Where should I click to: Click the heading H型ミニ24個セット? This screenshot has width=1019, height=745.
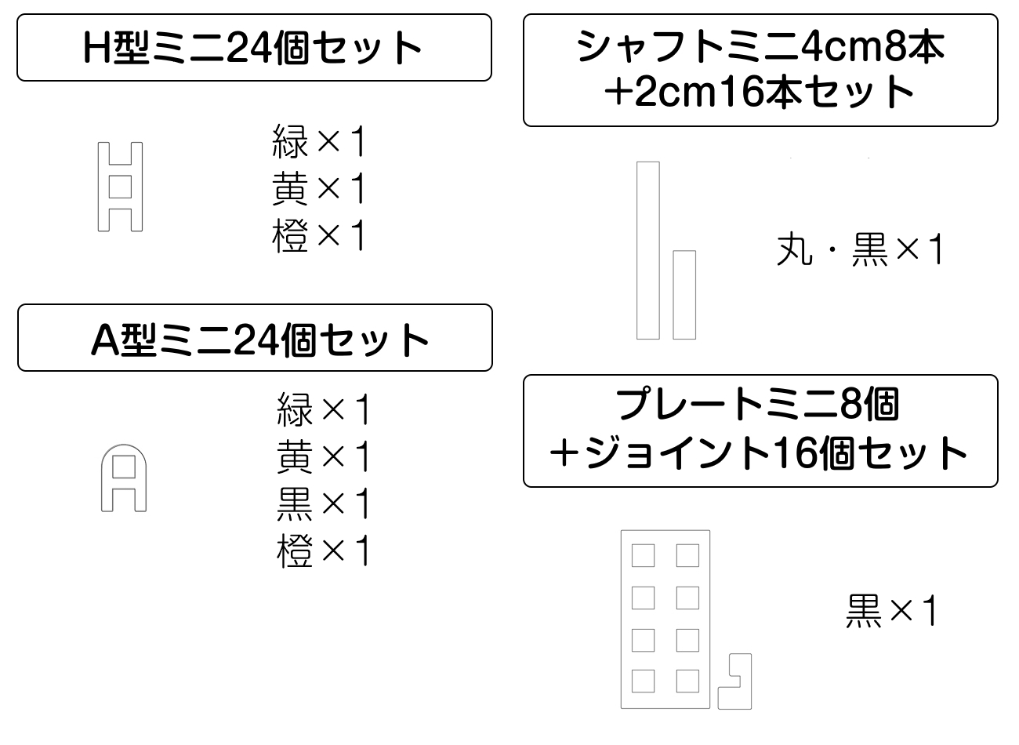pos(254,47)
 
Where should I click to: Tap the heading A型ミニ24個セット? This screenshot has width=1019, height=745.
pos(255,338)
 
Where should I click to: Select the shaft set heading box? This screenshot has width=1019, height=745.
pos(760,70)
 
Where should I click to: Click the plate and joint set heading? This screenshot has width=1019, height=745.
pos(760,431)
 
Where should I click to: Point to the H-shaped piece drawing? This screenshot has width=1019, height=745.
pos(120,187)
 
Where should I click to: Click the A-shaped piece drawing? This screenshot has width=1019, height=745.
pos(124,478)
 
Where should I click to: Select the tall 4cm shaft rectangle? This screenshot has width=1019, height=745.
pos(647,250)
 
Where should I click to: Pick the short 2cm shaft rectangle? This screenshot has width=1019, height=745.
pos(684,295)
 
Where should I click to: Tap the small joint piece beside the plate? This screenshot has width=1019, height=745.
pos(735,681)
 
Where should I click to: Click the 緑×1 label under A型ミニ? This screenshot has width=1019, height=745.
pos(323,409)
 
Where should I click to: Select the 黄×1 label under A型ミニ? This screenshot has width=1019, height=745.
pos(323,456)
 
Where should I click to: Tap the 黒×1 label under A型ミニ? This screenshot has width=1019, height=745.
pos(323,503)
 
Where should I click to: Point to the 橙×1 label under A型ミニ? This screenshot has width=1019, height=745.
pos(323,551)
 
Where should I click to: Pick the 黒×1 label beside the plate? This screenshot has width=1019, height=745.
pos(891,611)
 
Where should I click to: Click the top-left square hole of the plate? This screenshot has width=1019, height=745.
pos(643,556)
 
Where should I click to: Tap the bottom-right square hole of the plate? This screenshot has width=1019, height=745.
pos(687,681)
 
